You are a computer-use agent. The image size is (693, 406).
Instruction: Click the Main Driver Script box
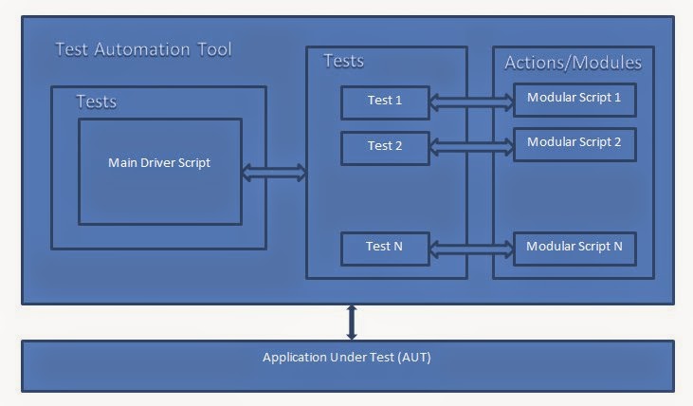click(159, 172)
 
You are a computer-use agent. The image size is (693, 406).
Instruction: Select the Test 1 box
click(385, 101)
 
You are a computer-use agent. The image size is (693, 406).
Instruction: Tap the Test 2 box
click(385, 146)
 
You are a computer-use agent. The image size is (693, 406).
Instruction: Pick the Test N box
click(385, 248)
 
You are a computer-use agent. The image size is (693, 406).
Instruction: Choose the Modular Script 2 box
click(574, 142)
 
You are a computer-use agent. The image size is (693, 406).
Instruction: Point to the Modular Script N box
click(574, 247)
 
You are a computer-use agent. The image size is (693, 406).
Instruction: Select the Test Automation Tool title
click(143, 48)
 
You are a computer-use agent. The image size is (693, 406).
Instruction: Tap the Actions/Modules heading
click(573, 63)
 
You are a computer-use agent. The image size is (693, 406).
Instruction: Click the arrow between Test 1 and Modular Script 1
click(471, 100)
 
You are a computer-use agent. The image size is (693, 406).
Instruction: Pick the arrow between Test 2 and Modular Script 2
click(471, 145)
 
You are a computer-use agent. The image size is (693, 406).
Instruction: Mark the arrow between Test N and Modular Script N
click(471, 248)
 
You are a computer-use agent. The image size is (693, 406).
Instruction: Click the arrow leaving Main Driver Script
click(274, 172)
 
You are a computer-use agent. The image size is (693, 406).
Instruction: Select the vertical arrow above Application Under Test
click(352, 321)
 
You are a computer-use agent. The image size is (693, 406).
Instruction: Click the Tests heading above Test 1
click(344, 62)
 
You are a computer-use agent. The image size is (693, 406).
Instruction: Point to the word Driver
click(160, 162)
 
